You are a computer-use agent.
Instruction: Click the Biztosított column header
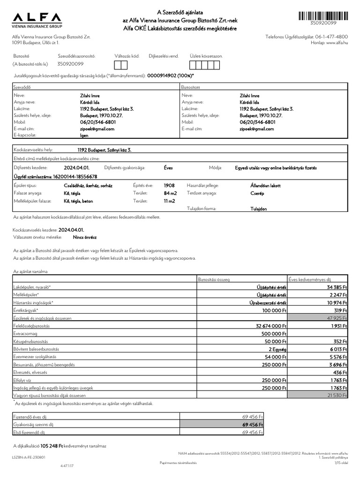191,88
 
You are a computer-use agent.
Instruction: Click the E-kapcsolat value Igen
84,135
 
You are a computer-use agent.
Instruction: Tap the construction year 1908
169,186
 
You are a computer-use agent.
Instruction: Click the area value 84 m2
170,193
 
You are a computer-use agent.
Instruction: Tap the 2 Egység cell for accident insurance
277,349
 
